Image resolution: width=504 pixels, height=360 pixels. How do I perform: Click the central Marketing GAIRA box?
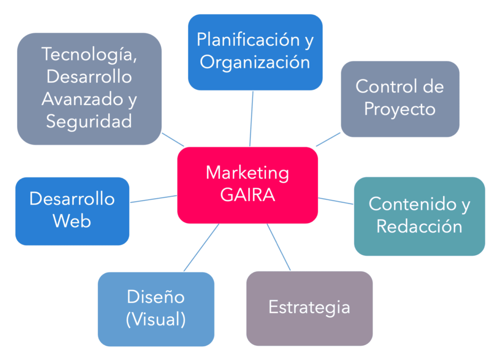click(247, 185)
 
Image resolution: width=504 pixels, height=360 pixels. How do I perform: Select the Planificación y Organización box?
click(255, 52)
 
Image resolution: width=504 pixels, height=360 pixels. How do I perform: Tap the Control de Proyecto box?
click(400, 98)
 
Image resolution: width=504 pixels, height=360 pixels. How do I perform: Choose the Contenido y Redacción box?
click(419, 215)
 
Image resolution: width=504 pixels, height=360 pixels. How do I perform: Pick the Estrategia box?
click(309, 308)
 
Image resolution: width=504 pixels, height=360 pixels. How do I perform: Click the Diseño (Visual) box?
click(156, 309)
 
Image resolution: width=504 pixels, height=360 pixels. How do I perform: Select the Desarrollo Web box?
click(72, 210)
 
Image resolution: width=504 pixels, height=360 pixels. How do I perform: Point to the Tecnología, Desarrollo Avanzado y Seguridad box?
click(89, 89)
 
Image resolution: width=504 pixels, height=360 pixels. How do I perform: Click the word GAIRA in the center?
click(248, 195)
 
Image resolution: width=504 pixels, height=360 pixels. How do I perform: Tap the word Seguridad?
click(89, 121)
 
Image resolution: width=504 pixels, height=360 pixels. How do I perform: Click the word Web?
click(72, 221)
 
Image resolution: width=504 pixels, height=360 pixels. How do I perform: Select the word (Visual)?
click(156, 320)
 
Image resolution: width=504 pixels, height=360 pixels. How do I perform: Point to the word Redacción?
click(419, 226)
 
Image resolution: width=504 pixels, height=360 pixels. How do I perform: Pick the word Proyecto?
click(400, 109)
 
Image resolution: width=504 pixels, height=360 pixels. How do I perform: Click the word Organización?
click(255, 62)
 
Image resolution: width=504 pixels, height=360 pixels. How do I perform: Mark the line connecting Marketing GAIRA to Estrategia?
click(279, 247)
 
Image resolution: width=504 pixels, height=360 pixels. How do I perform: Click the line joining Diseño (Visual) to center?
click(201, 247)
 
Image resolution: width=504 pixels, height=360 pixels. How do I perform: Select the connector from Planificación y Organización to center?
click(252, 118)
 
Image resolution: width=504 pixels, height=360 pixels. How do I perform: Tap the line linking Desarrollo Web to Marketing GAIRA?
click(153, 199)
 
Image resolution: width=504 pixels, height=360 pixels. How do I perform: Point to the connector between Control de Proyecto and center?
click(328, 139)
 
